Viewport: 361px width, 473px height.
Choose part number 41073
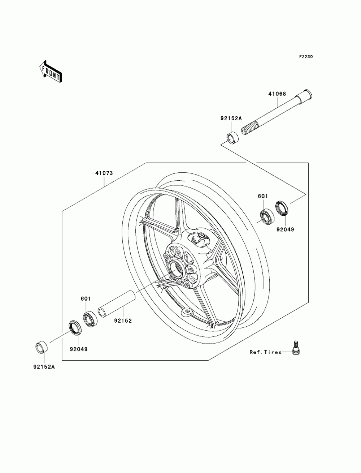[104, 173]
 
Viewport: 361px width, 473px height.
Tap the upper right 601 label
[263, 196]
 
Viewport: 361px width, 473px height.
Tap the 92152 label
[123, 320]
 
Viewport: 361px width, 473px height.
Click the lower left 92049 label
[78, 349]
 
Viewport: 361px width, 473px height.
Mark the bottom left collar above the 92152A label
[42, 347]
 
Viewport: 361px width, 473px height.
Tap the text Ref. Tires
[265, 352]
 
